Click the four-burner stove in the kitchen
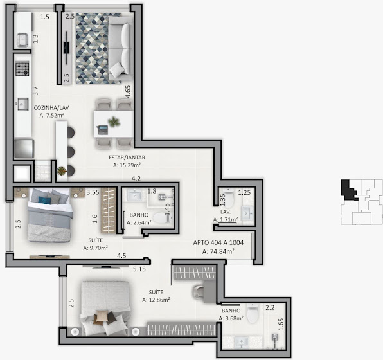point(22,69)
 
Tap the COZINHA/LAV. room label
point(52,108)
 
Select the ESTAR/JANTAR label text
point(127,157)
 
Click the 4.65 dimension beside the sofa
point(128,92)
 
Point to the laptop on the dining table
point(103,130)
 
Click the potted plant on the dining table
point(114,122)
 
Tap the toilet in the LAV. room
point(229,197)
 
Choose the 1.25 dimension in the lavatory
point(244,193)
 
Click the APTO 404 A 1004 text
point(218,243)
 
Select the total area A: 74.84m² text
point(218,251)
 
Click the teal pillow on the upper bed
point(45,200)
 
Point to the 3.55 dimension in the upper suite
point(93,192)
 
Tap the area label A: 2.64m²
point(139,222)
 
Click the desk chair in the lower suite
point(199,291)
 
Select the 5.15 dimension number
point(139,269)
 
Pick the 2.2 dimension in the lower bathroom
point(270,307)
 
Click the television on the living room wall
point(66,48)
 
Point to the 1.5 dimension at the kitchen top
point(45,17)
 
